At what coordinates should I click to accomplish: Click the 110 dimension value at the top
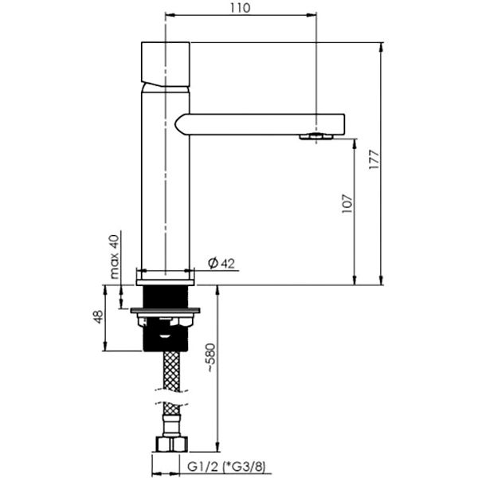tap(240, 8)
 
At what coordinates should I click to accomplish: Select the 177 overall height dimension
tap(374, 159)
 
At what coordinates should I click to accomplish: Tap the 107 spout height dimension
tap(347, 203)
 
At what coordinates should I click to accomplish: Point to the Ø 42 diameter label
tap(221, 264)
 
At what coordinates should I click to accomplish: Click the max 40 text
tap(114, 257)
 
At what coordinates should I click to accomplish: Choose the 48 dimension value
tap(98, 317)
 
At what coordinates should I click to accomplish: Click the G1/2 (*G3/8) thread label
tap(226, 467)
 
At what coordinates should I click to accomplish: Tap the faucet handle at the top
tap(166, 64)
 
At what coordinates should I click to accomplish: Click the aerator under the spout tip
tap(316, 136)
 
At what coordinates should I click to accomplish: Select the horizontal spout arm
tap(260, 124)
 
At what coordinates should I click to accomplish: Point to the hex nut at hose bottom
tap(171, 445)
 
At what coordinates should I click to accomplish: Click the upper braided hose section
tap(171, 370)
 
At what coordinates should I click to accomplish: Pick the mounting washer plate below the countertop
tap(165, 311)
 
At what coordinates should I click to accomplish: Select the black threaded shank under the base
tap(165, 296)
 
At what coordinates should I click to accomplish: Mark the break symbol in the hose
tap(170, 396)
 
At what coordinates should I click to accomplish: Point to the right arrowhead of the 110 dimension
tap(311, 14)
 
